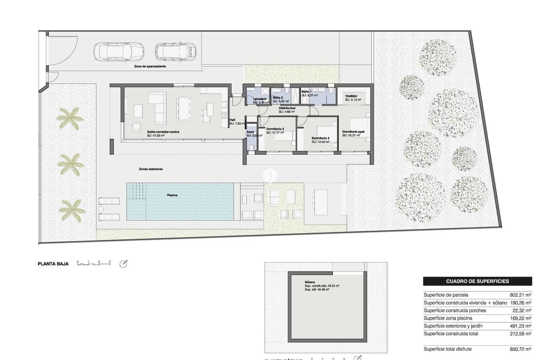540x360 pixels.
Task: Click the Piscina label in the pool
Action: (172, 195)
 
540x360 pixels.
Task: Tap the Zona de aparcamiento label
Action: (150, 66)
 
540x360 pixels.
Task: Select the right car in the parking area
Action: (176, 52)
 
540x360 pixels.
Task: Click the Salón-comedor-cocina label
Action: (163, 132)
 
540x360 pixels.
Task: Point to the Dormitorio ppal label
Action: (353, 132)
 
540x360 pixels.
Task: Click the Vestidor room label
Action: (351, 96)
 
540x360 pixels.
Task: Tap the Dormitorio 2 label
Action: (320, 138)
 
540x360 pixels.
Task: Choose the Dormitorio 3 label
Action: (275, 129)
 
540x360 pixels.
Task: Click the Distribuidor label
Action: (287, 108)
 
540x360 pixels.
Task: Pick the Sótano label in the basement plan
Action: (310, 282)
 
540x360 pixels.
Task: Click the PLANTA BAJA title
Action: (53, 264)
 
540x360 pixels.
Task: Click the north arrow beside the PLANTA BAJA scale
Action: (123, 264)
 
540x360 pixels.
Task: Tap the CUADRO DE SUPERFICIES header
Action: (477, 281)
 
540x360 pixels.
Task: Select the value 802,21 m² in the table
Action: (520, 295)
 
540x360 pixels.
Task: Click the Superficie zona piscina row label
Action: (448, 318)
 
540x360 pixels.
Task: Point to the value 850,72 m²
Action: (520, 349)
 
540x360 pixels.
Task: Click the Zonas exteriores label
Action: (151, 169)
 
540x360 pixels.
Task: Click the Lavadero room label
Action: (260, 99)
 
